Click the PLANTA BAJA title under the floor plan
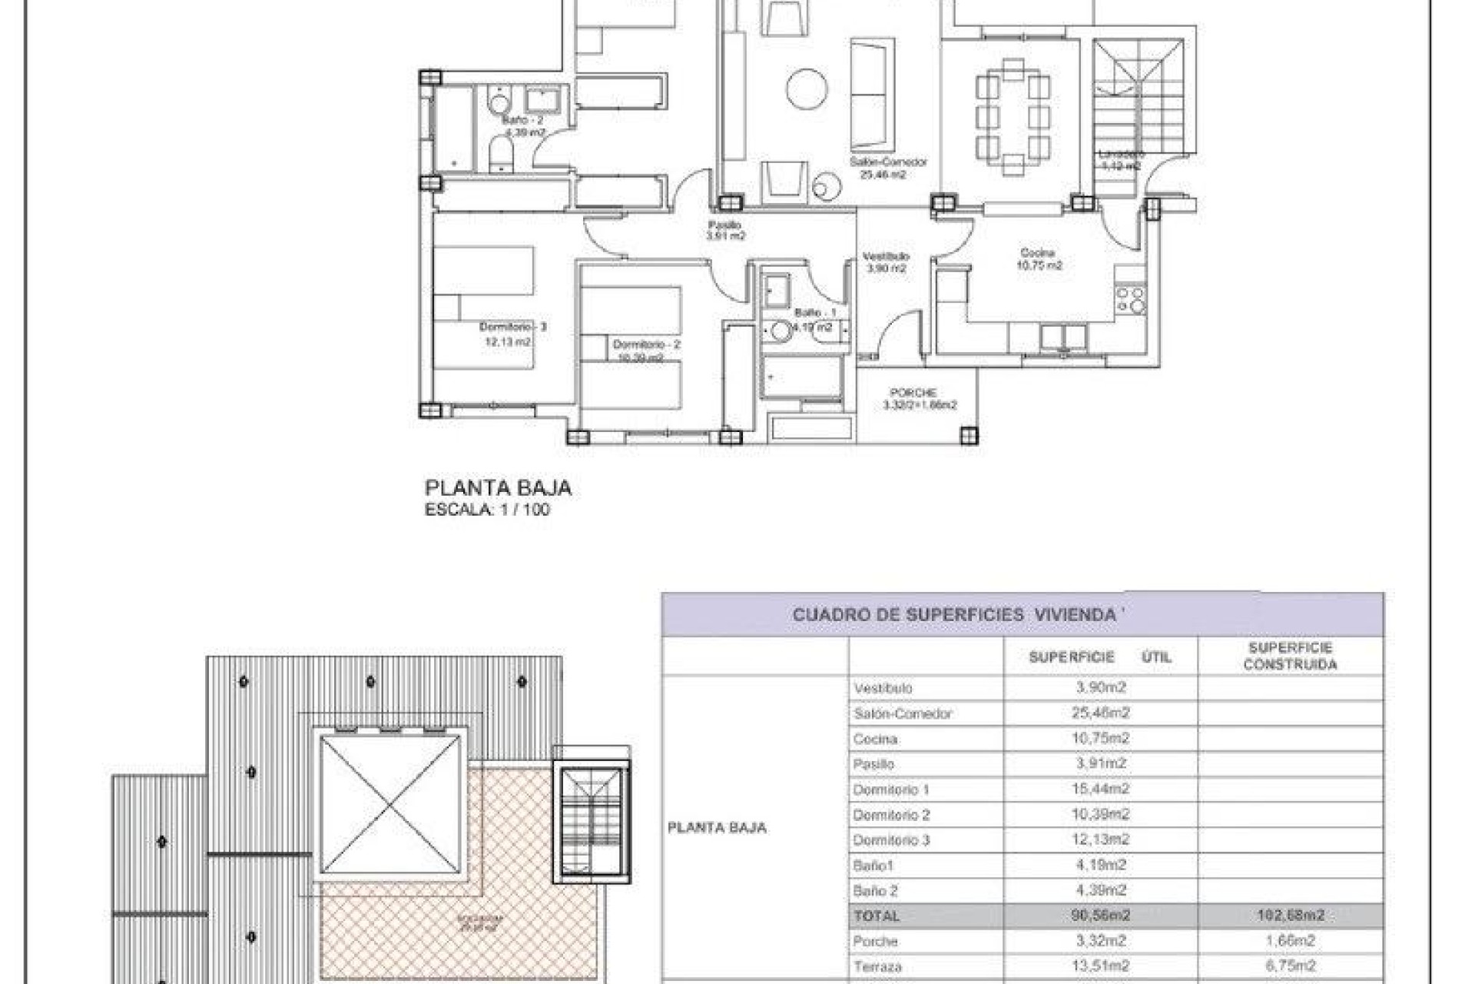point(498,488)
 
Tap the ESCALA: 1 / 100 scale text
point(487,510)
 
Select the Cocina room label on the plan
point(1038,253)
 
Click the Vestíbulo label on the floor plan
point(886,256)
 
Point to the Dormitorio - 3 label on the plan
point(512,327)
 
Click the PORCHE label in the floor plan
point(913,393)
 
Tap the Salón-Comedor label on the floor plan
point(887,162)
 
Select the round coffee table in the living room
point(807,89)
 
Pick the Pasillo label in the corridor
point(724,225)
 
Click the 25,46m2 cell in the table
point(1100,713)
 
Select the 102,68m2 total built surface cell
point(1290,916)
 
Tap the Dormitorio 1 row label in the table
point(891,790)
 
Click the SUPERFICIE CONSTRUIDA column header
point(1290,657)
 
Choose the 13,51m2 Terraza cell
point(1100,966)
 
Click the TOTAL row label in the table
point(876,916)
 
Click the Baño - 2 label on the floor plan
point(522,121)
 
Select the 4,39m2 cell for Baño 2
point(1100,891)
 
